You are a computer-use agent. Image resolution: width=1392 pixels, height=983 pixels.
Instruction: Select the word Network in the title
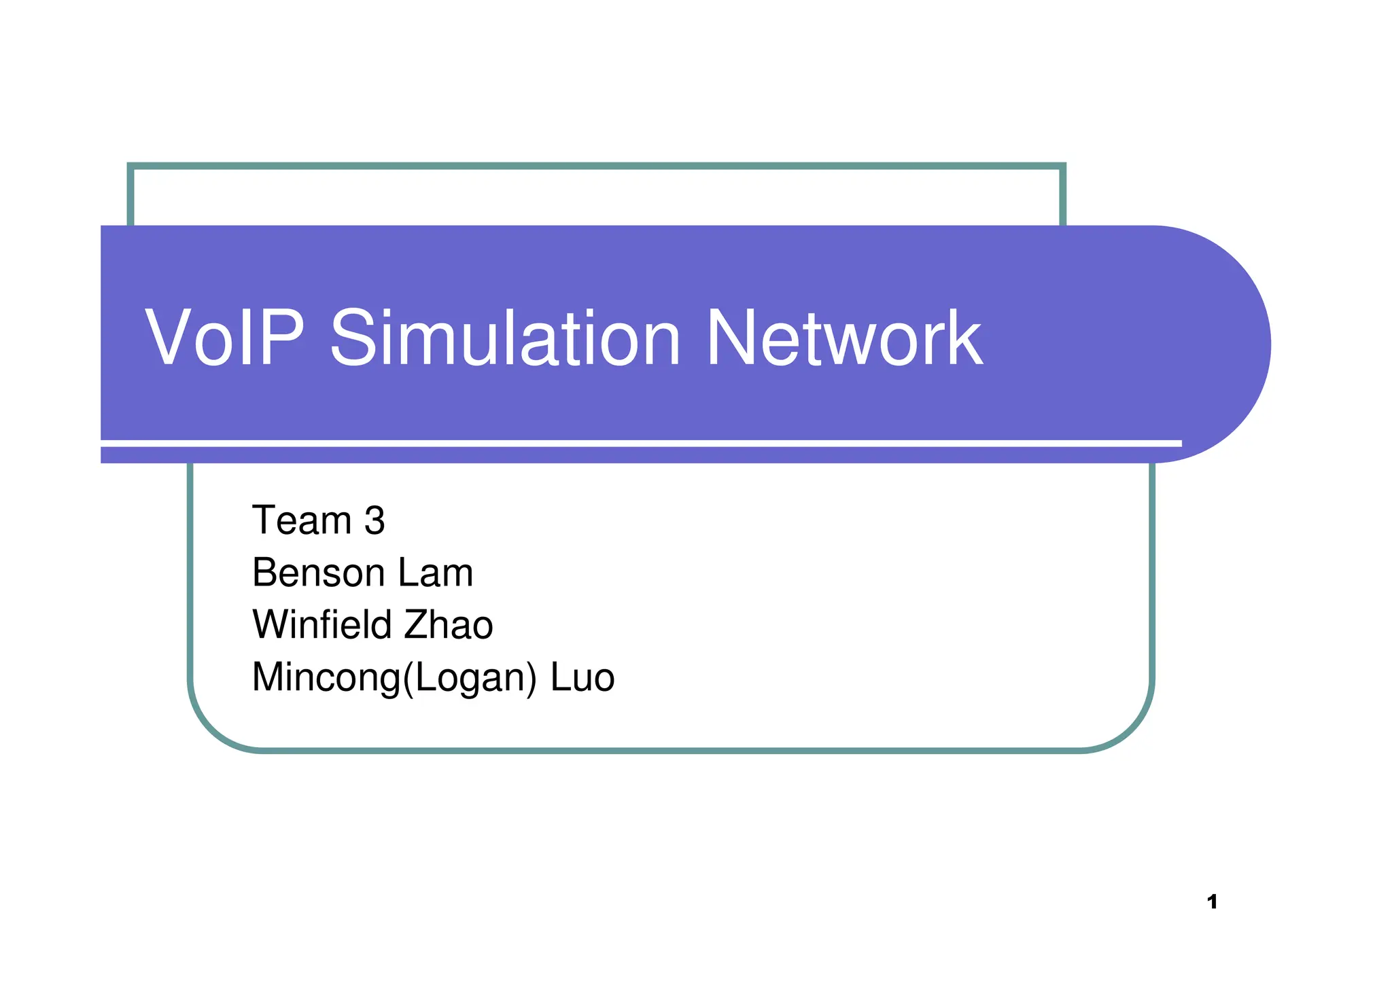pyautogui.click(x=843, y=338)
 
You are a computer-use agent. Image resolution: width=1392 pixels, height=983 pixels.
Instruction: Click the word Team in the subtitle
pyautogui.click(x=301, y=520)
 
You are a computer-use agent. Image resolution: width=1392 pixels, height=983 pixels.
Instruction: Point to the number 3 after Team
pyautogui.click(x=375, y=520)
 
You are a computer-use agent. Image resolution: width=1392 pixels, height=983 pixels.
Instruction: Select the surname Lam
pyautogui.click(x=435, y=573)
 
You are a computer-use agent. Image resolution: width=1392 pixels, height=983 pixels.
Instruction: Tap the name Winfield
pyautogui.click(x=322, y=624)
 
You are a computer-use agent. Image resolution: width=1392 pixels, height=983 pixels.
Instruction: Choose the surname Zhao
pyautogui.click(x=448, y=624)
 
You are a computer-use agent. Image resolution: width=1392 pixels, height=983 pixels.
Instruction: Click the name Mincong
pyautogui.click(x=326, y=677)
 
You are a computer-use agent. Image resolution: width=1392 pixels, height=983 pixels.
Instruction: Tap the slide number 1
pyautogui.click(x=1212, y=902)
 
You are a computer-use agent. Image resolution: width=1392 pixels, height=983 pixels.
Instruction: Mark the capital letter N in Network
pyautogui.click(x=733, y=338)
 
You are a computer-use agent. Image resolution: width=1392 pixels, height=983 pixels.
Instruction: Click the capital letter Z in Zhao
pyautogui.click(x=415, y=624)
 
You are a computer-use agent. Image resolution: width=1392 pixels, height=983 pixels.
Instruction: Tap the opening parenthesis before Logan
pyautogui.click(x=408, y=678)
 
